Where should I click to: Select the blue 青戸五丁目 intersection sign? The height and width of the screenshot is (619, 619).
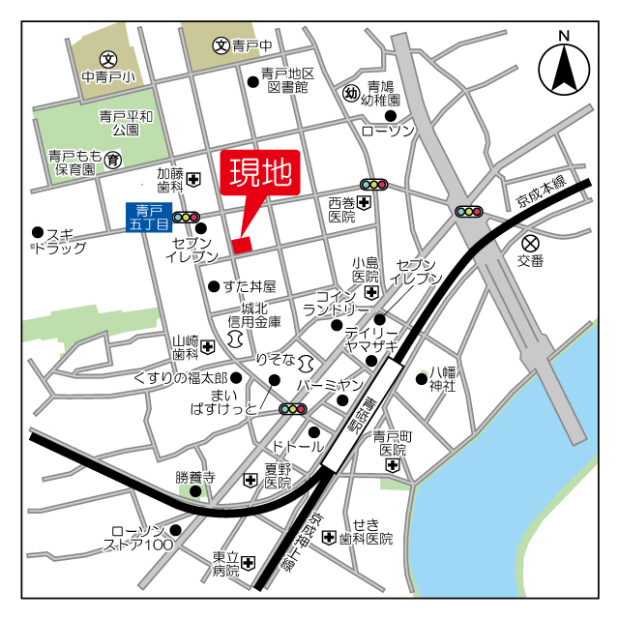point(147,217)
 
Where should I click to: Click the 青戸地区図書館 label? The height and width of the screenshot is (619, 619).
point(287,80)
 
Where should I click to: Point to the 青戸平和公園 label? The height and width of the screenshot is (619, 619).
point(126,123)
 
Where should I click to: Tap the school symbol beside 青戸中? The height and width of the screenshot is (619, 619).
point(221,44)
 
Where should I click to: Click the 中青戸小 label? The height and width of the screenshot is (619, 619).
point(108,76)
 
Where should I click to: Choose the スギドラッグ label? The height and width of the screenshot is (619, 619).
point(60,241)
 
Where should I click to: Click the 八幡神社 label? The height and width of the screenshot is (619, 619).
point(442,378)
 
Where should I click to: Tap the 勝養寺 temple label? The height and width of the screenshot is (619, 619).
point(194,477)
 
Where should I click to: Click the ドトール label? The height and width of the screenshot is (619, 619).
point(298,448)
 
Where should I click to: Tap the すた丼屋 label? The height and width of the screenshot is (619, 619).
point(250,286)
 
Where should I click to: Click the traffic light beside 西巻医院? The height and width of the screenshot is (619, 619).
point(372,183)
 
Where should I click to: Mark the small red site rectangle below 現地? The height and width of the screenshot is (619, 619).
point(241,245)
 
